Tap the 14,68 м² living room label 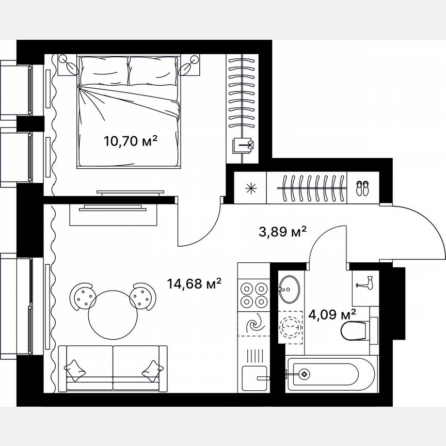(x=194, y=283)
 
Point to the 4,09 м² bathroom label (x=332, y=314)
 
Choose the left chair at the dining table (x=82, y=297)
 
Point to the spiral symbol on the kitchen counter (x=254, y=325)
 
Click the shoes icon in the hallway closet (x=363, y=186)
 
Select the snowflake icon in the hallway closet (x=251, y=187)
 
